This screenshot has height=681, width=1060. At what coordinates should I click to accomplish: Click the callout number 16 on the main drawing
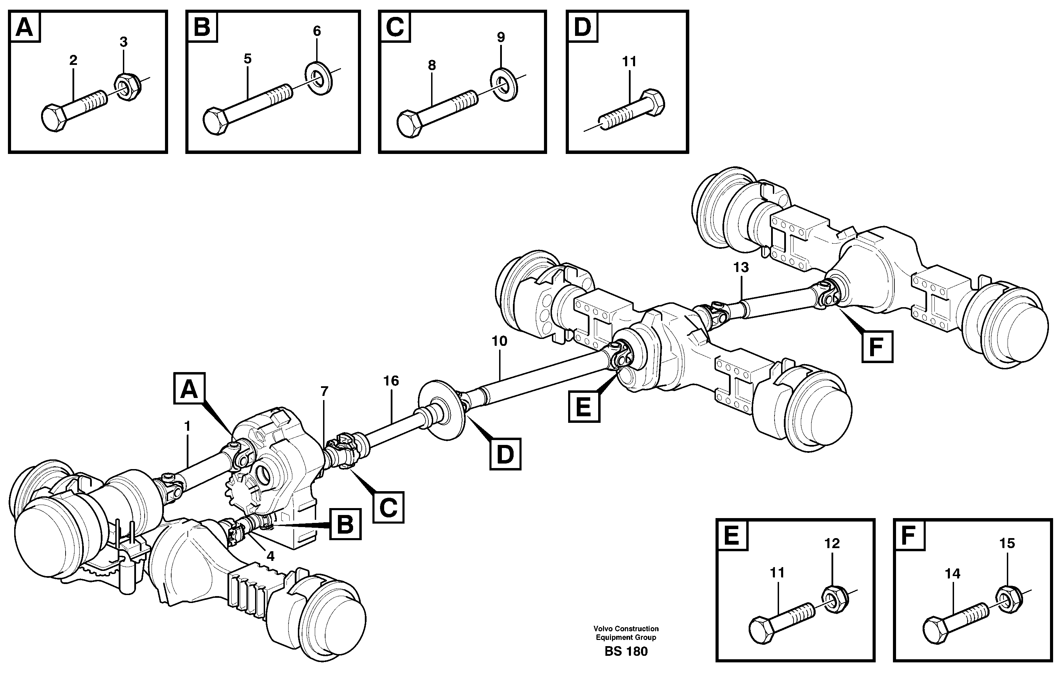391,380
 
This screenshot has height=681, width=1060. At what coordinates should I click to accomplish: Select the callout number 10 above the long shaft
499,341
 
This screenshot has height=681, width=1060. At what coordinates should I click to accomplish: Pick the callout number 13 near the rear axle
741,267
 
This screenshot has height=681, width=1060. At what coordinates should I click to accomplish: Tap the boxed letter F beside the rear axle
877,346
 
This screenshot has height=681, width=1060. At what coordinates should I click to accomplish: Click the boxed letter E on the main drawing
584,406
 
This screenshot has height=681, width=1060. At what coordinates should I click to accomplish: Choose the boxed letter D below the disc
505,454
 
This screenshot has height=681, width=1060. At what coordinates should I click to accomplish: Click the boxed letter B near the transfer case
345,524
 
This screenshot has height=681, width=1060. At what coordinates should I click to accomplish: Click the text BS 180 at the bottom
626,651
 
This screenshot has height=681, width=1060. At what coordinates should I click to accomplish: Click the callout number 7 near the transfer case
324,391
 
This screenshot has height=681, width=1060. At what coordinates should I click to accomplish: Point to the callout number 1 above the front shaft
187,426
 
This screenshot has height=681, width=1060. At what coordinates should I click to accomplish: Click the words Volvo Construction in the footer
626,629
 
